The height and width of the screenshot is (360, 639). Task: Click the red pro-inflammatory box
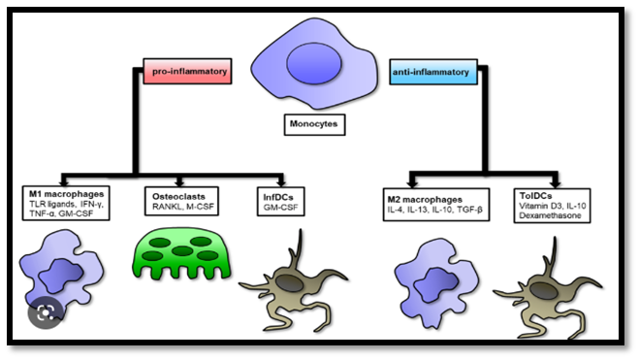[x=187, y=72]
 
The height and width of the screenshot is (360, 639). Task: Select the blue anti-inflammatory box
[x=433, y=72]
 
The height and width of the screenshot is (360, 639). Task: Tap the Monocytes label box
[x=314, y=124]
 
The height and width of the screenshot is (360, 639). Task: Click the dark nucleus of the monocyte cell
[x=314, y=64]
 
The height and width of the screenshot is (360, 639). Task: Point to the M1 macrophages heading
[x=67, y=194]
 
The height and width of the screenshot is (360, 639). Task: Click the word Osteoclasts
[x=178, y=197]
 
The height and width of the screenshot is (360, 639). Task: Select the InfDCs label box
[x=281, y=202]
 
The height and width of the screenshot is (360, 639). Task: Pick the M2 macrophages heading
[x=425, y=200]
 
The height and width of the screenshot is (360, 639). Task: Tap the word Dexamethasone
[x=550, y=215]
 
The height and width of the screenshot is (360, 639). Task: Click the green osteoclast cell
[x=181, y=253]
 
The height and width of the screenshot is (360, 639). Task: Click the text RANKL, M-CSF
[x=183, y=207]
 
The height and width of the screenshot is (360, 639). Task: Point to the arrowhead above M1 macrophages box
[x=64, y=180]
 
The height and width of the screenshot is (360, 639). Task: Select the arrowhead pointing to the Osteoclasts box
[x=179, y=181]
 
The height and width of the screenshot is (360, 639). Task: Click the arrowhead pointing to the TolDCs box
[x=556, y=180]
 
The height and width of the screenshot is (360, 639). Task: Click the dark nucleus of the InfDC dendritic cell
[x=289, y=283]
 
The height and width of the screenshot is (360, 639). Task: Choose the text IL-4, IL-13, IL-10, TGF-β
[x=434, y=210]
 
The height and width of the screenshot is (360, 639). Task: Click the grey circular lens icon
[x=46, y=311]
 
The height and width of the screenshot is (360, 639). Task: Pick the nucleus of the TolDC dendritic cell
[x=544, y=291]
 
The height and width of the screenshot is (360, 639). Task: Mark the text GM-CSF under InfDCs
[x=280, y=207]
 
